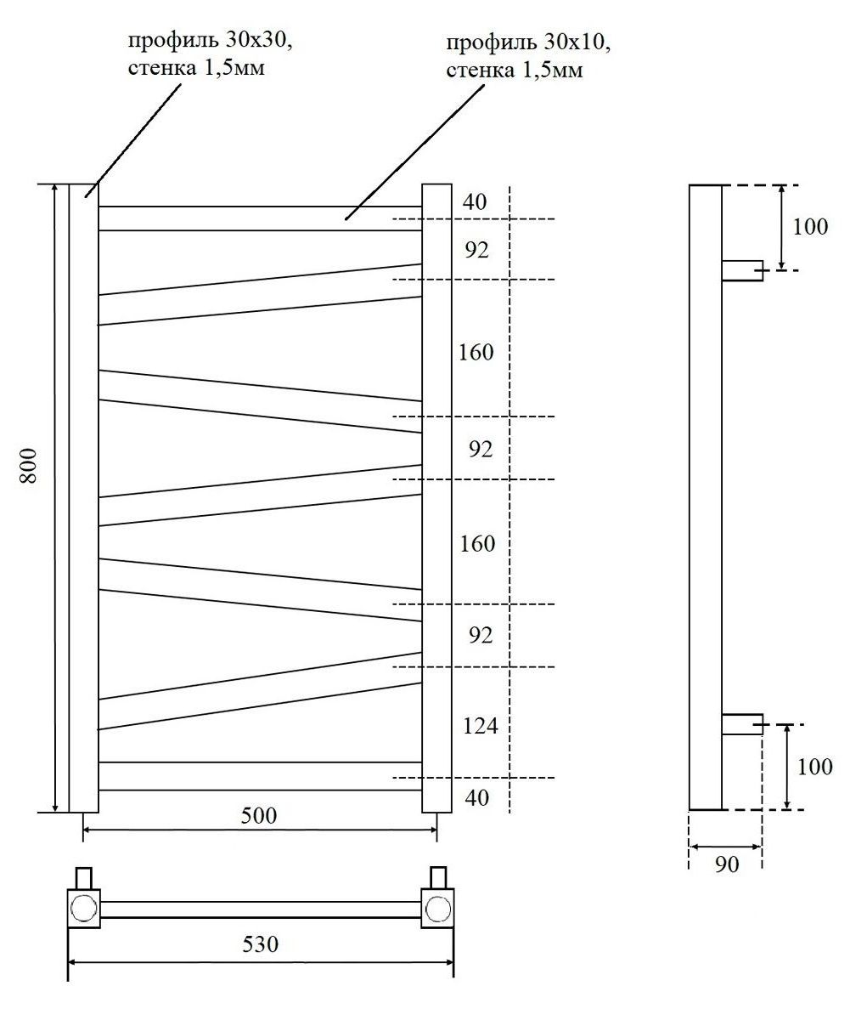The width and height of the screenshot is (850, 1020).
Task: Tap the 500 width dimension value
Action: (x=259, y=816)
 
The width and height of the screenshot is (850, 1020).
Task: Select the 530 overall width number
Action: (x=261, y=943)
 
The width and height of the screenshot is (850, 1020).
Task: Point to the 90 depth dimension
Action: (x=725, y=864)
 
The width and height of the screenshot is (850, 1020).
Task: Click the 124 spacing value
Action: (x=480, y=727)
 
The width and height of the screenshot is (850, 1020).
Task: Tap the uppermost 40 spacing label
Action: (x=476, y=202)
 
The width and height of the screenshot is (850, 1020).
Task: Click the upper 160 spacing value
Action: (x=476, y=352)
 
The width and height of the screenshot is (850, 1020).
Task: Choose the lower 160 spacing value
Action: (x=477, y=543)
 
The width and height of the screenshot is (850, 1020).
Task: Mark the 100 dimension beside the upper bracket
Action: (x=810, y=227)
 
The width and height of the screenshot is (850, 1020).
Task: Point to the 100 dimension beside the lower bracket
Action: (x=815, y=766)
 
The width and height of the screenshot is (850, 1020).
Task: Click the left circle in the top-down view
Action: (x=83, y=909)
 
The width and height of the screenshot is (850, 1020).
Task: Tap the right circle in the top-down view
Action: (x=438, y=909)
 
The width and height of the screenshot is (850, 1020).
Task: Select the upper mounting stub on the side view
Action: (x=741, y=270)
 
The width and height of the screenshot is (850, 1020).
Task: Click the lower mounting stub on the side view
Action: (x=741, y=724)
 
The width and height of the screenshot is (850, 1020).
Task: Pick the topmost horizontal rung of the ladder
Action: (x=260, y=218)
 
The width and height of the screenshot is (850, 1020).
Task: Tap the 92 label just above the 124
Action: (x=480, y=635)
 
